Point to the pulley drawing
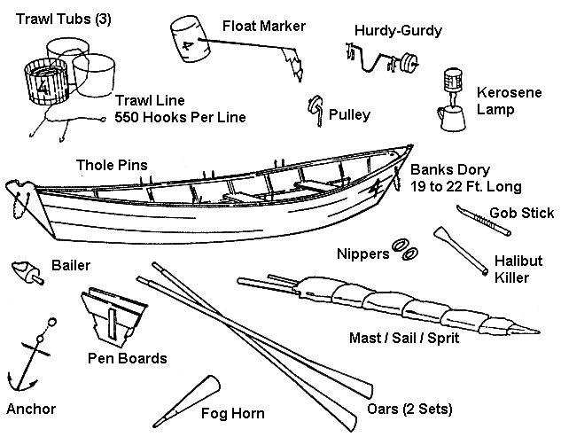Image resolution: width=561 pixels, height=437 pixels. pyautogui.click(x=315, y=109)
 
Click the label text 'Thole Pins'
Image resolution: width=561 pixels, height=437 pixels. pyautogui.click(x=113, y=164)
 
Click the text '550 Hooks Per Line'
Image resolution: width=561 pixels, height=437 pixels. pyautogui.click(x=181, y=116)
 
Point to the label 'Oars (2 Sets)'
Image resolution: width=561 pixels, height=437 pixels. pyautogui.click(x=409, y=410)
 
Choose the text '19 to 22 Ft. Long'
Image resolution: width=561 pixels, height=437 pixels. pyautogui.click(x=465, y=186)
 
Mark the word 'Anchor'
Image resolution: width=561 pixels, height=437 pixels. pyautogui.click(x=31, y=409)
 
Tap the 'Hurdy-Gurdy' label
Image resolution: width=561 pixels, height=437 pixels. pyautogui.click(x=398, y=31)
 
